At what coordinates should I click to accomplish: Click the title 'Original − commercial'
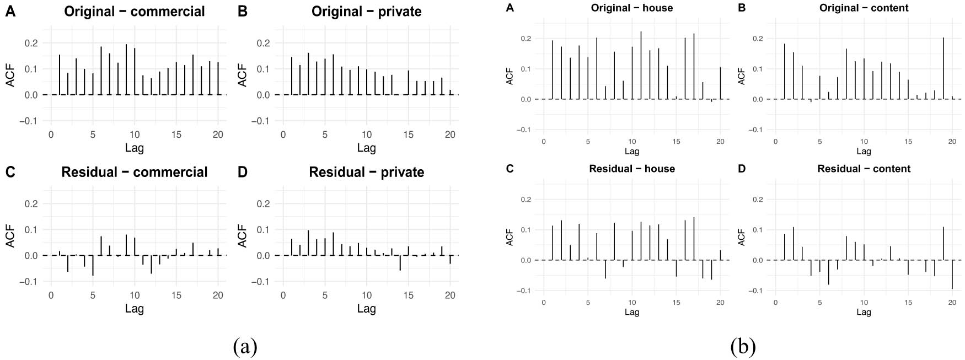[134, 12]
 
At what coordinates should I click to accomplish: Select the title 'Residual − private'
[366, 172]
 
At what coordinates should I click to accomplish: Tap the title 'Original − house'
[632, 8]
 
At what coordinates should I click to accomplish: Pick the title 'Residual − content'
[864, 169]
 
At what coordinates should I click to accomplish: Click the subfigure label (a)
[245, 347]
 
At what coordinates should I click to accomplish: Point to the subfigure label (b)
[743, 347]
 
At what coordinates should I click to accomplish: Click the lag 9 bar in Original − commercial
[126, 69]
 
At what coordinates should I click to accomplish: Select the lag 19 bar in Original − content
[943, 68]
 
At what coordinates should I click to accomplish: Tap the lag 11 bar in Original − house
[641, 65]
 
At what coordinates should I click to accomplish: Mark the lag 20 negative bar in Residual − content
[952, 274]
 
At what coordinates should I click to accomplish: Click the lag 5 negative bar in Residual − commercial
[93, 265]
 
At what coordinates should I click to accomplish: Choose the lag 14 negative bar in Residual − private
[400, 262]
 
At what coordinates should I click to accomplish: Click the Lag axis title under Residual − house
[632, 312]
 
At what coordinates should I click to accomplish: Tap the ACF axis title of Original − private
[242, 74]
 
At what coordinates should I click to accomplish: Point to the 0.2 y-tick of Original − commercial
[31, 43]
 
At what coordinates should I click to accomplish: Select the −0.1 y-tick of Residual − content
[755, 291]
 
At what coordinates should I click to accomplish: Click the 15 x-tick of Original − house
[676, 142]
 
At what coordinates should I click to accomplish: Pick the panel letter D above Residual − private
[242, 172]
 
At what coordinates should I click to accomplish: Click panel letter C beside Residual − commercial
[10, 172]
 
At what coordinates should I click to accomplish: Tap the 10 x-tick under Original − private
[367, 135]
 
